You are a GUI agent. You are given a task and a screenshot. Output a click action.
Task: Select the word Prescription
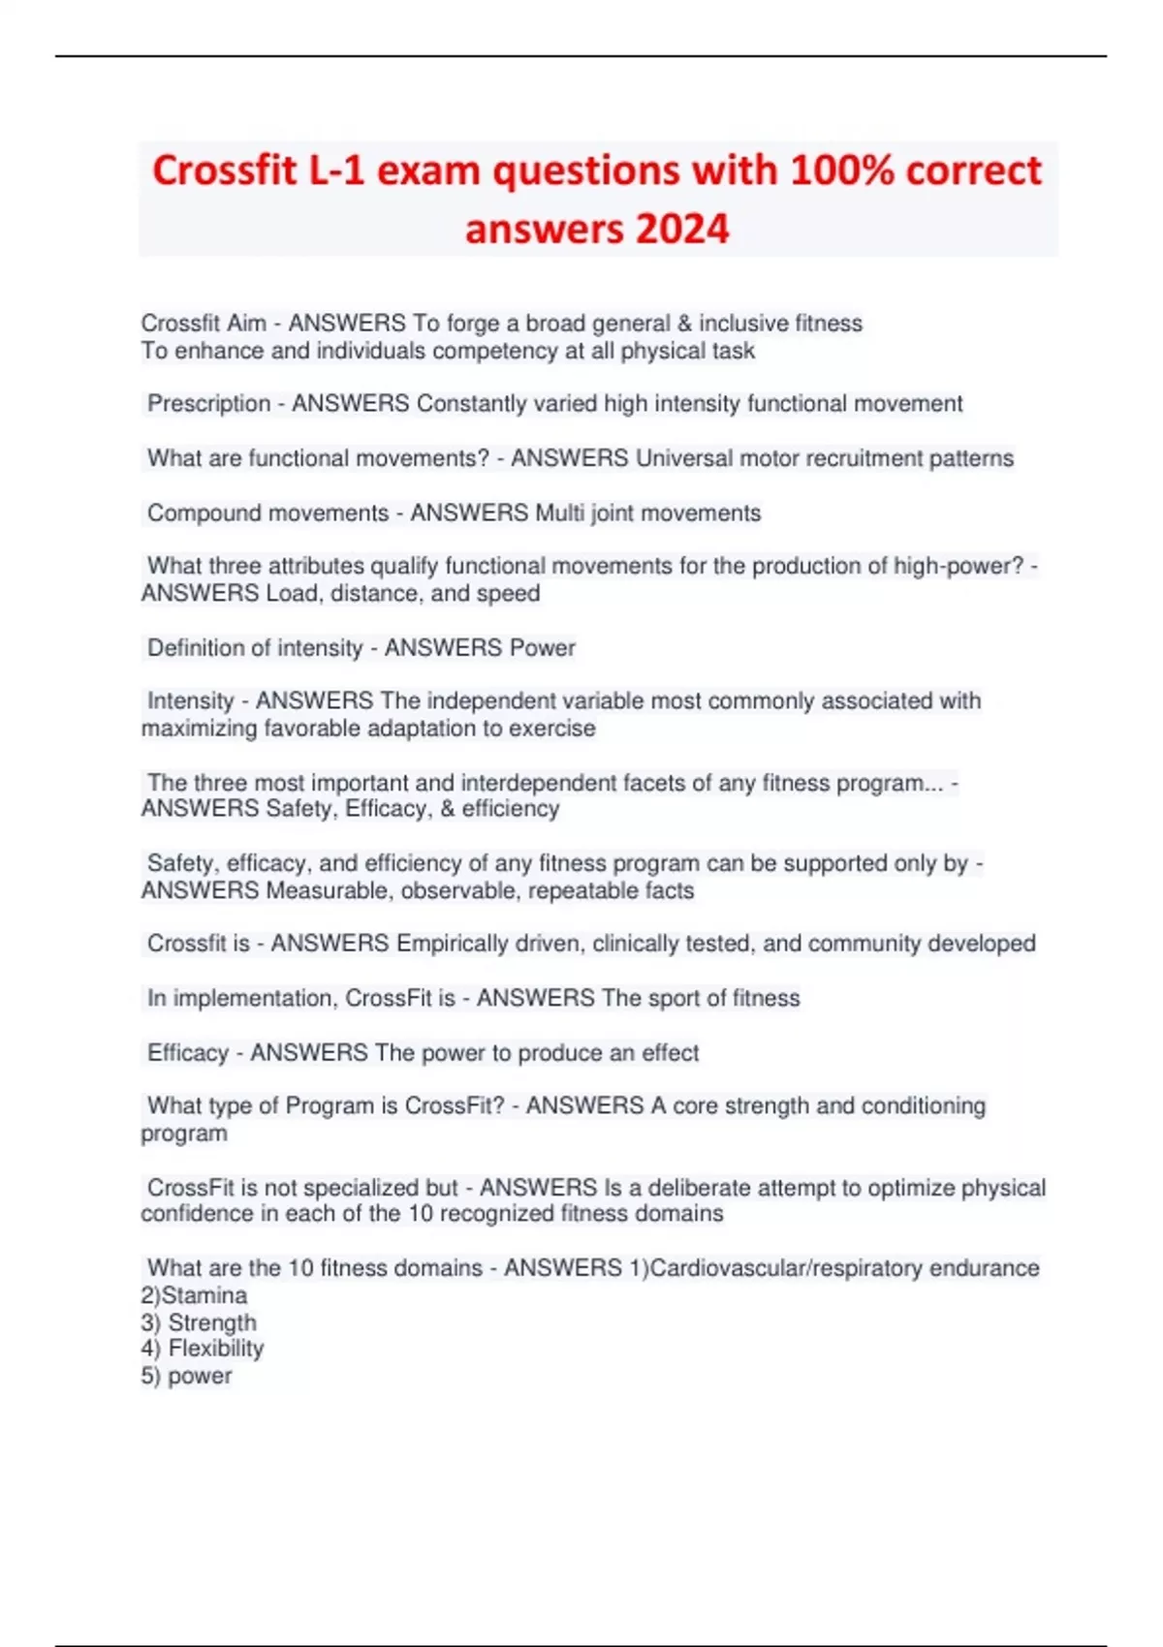(x=208, y=403)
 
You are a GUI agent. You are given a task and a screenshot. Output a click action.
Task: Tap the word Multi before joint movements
(x=560, y=513)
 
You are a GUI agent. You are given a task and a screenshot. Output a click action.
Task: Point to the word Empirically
(x=452, y=943)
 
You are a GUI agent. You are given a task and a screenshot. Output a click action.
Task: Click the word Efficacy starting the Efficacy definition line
(x=188, y=1052)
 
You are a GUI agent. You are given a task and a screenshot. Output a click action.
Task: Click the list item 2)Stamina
(x=194, y=1295)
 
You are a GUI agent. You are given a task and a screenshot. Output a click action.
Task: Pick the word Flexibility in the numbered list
(x=215, y=1349)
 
